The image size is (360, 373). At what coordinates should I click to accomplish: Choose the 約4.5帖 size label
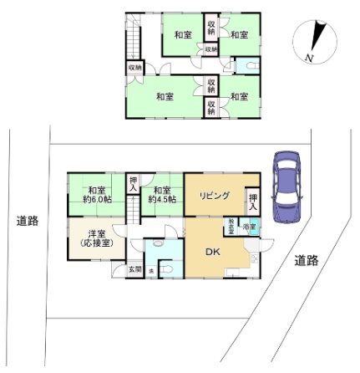162,200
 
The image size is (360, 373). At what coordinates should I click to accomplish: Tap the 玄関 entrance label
134,269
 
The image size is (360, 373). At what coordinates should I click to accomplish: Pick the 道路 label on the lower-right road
307,260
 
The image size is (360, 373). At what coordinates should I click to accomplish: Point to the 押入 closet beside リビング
253,201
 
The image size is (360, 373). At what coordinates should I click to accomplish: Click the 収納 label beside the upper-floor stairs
134,67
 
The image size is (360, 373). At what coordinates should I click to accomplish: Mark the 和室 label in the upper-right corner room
240,34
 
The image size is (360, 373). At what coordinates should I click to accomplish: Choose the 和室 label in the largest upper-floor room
164,97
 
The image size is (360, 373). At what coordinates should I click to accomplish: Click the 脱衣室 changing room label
231,225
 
